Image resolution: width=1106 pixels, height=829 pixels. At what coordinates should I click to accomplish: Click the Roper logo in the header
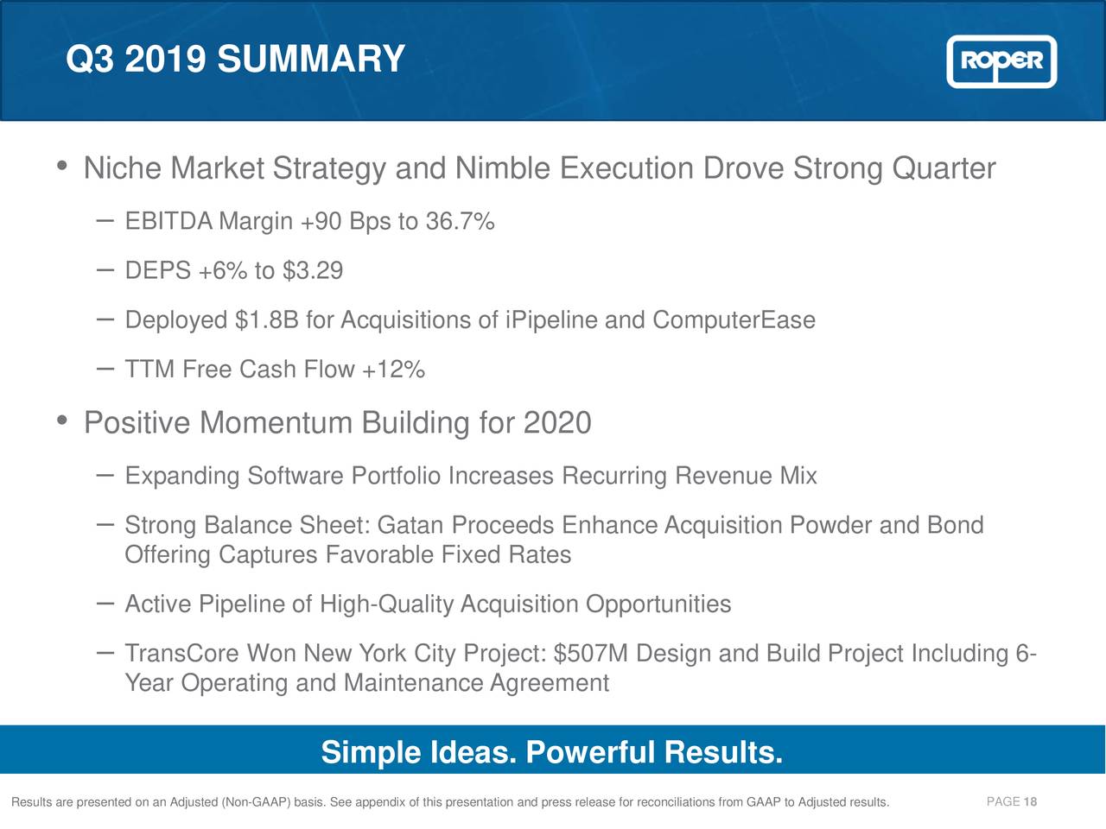[x=1001, y=61]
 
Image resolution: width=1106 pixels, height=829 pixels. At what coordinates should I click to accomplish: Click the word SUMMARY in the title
[x=310, y=60]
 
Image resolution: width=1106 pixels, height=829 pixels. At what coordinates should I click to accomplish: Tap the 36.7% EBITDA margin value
[x=460, y=222]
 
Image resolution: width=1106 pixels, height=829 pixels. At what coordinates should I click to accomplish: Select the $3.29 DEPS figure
[x=313, y=271]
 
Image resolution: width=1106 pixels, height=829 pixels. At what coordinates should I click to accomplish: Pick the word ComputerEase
[x=734, y=320]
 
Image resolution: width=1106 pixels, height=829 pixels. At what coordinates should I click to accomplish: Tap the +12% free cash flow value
[x=393, y=370]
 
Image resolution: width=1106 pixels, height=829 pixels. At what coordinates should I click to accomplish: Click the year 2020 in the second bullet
[x=557, y=423]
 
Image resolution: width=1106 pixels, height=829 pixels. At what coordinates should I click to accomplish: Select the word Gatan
[x=410, y=525]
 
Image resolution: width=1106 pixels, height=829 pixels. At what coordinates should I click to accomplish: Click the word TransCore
[x=182, y=653]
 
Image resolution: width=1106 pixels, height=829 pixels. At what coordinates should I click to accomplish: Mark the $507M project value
[x=591, y=653]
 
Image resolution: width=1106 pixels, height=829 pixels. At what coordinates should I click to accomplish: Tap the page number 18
[x=1030, y=802]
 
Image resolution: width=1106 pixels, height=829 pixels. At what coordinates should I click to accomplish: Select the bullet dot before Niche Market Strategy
[x=62, y=165]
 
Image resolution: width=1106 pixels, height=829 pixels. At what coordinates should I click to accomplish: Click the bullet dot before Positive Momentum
[x=62, y=421]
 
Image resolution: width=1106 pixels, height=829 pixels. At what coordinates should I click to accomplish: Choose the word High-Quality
[x=387, y=604]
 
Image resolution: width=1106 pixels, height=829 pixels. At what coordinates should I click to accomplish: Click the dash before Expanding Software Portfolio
[x=105, y=475]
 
